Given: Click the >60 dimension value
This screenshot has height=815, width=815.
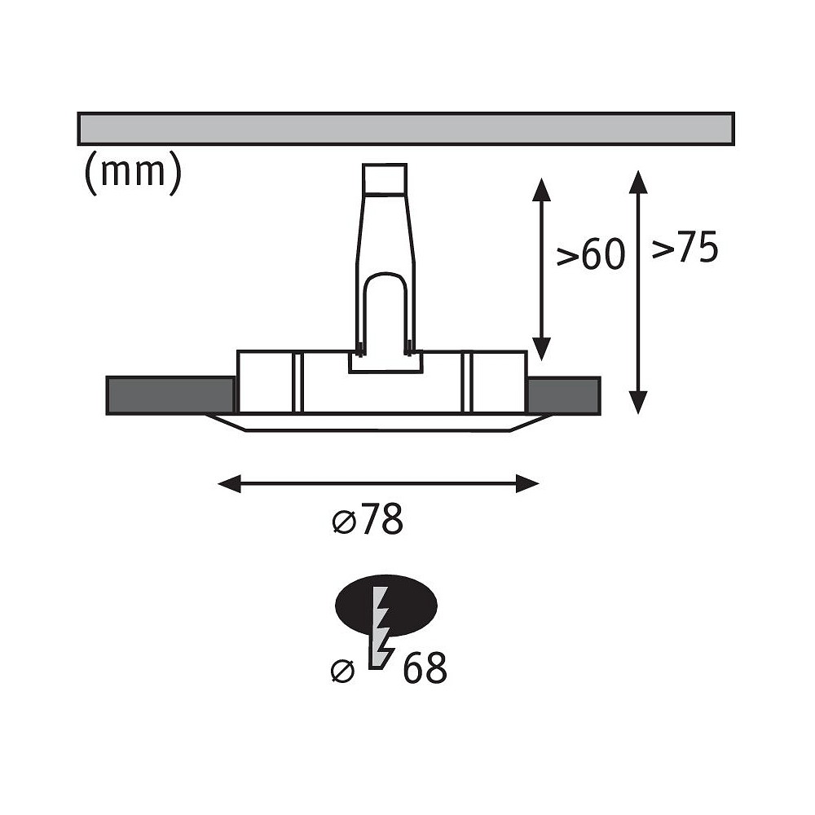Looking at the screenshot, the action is [x=590, y=255].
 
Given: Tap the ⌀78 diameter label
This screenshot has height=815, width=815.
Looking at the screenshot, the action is [x=368, y=519].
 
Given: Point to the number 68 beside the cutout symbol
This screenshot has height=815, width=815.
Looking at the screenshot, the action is [x=425, y=668].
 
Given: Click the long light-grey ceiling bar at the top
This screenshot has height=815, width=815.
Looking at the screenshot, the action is [x=406, y=129].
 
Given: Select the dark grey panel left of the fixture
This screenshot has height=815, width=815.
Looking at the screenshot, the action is [x=170, y=395].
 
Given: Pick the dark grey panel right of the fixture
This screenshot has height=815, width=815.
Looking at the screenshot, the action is [x=565, y=395].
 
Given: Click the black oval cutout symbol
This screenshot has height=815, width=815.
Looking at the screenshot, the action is [x=386, y=605].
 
